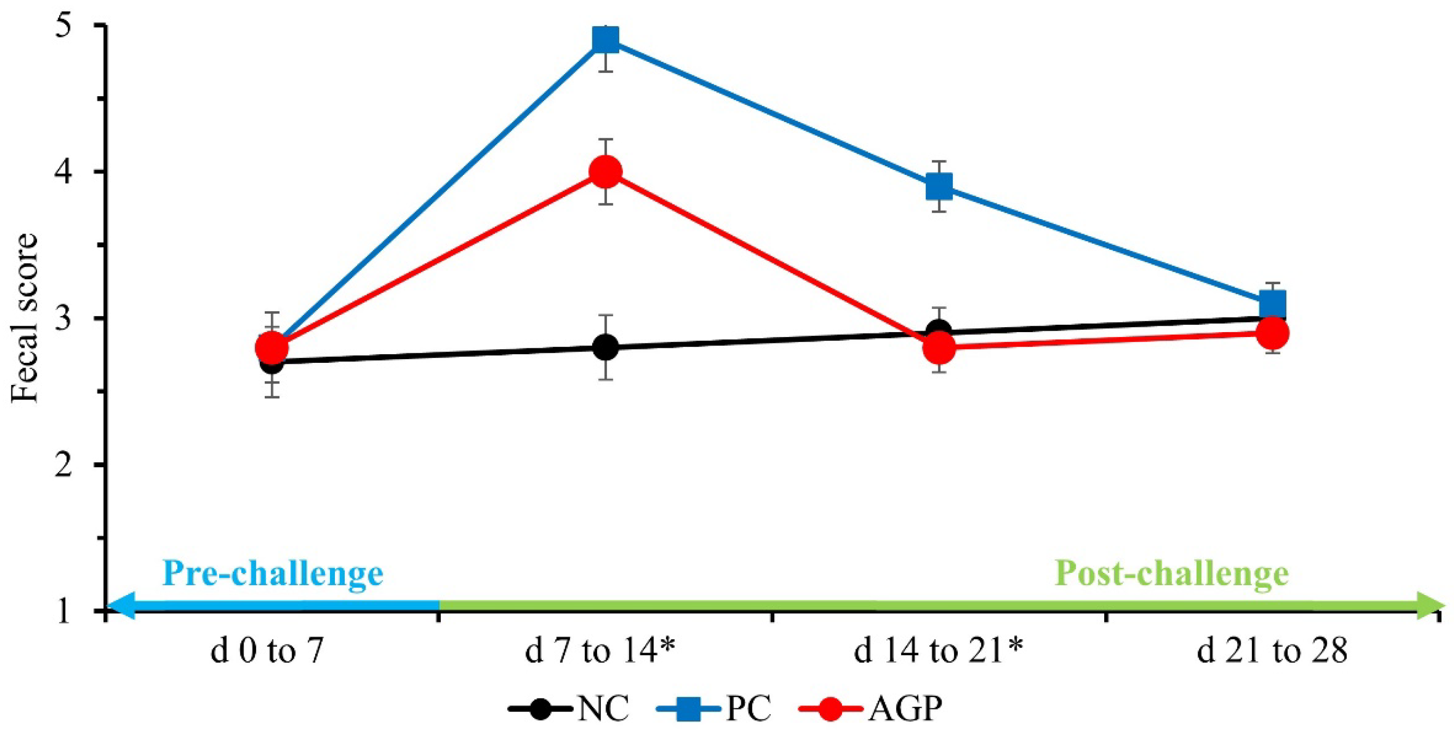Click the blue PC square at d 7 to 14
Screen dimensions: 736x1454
606,39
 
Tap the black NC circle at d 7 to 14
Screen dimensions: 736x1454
606,347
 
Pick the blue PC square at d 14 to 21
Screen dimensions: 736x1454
939,186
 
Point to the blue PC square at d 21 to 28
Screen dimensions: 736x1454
1273,304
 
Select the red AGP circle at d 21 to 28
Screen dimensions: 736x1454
1273,333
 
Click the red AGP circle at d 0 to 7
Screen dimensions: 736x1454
272,347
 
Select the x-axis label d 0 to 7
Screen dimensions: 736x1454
266,652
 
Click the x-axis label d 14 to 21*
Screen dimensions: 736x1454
938,652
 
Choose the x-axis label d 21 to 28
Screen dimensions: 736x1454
1272,652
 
